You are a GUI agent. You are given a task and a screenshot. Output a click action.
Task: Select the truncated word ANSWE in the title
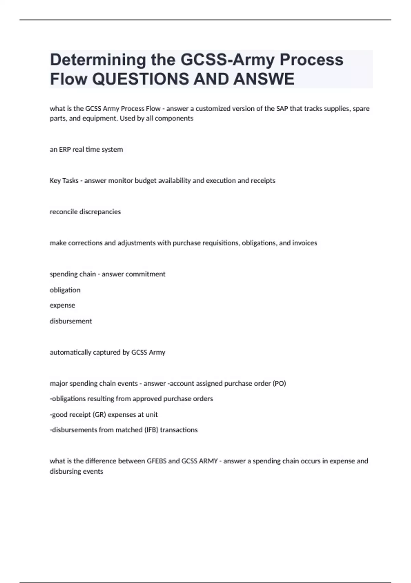[264, 79]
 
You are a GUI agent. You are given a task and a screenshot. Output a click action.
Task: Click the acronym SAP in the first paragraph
[282, 109]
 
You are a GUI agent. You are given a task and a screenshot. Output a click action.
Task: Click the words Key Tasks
[64, 181]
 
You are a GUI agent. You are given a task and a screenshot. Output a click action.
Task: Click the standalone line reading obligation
[65, 290]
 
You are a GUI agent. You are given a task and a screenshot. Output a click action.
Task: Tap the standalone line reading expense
[62, 305]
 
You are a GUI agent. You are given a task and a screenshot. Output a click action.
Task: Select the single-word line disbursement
[71, 321]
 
